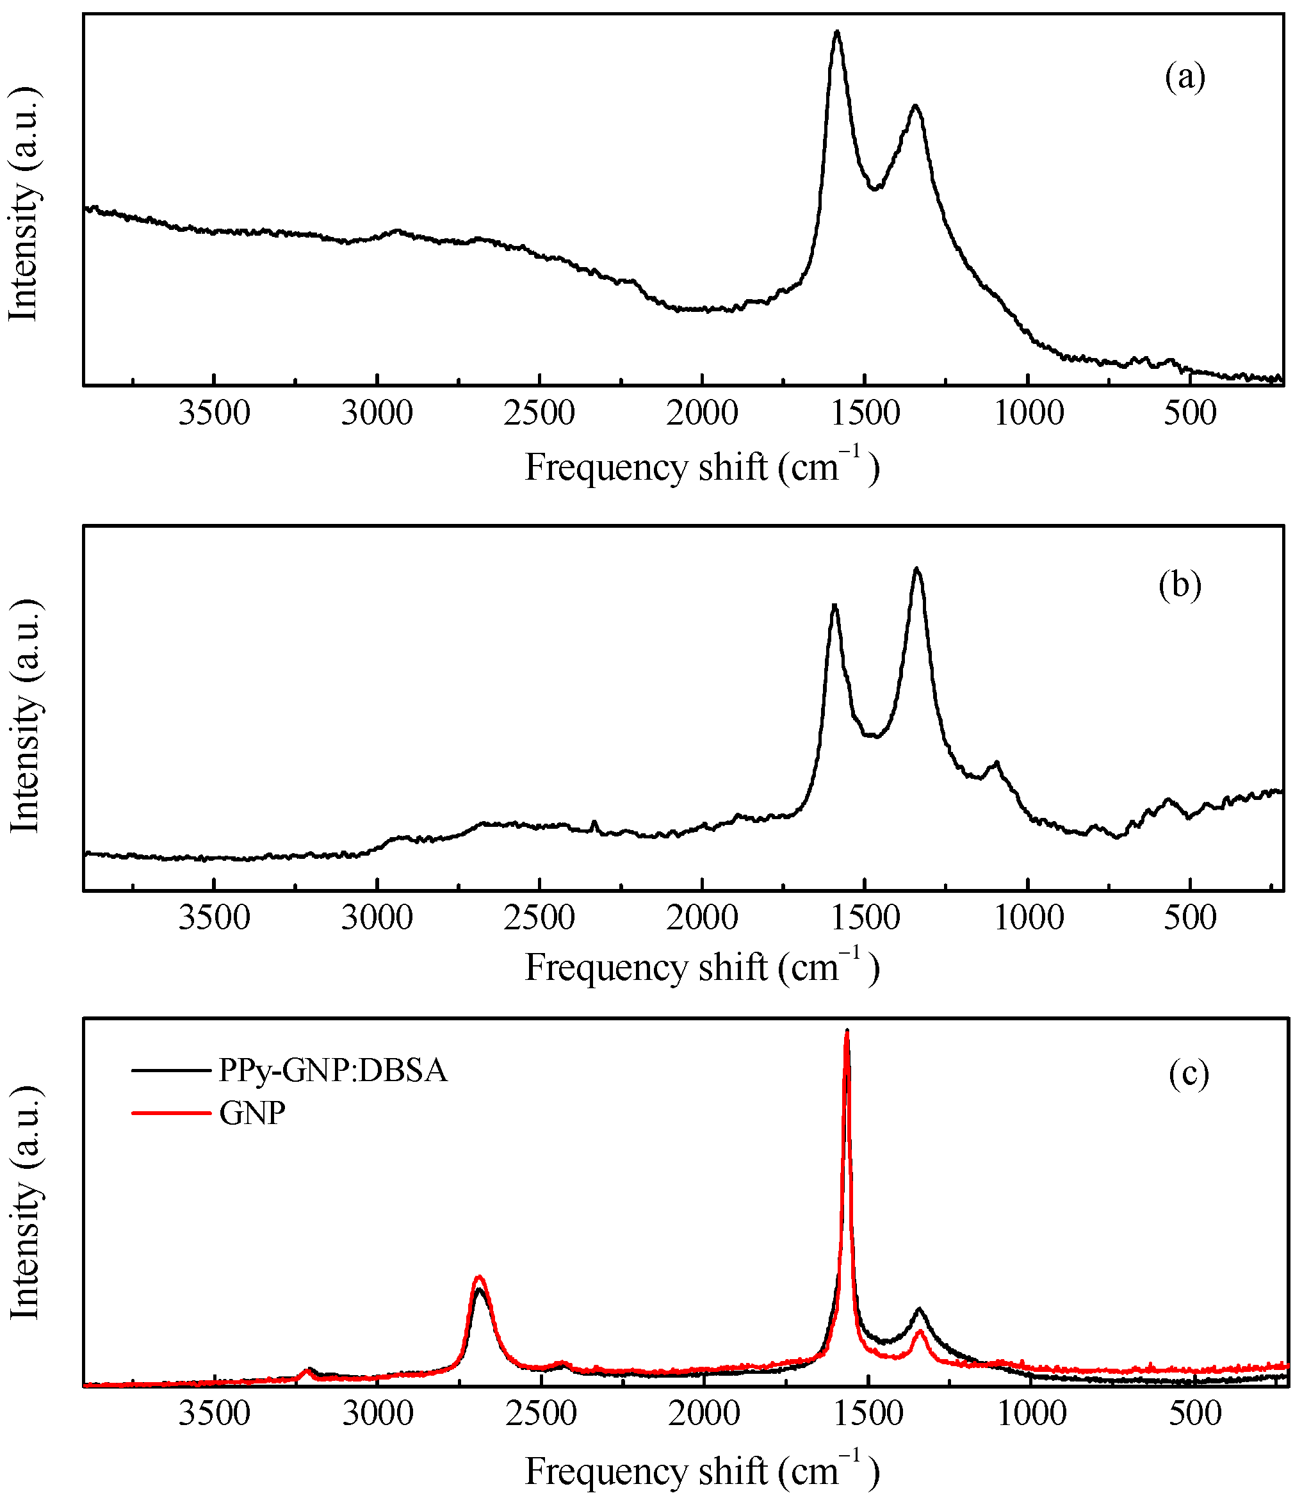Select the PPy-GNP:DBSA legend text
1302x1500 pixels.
(333, 1070)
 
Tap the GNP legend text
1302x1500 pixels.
(252, 1113)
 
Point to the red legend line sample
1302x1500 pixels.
(171, 1113)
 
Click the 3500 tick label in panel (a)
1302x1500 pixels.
(215, 414)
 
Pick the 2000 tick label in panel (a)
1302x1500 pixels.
(702, 414)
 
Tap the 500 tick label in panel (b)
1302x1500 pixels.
(1189, 918)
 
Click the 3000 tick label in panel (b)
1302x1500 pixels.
(377, 918)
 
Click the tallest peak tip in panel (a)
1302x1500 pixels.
(837, 32)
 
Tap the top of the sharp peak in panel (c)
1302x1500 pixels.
(847, 1031)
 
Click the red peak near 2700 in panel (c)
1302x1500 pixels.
(479, 1277)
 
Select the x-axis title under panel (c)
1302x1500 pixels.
(702, 1472)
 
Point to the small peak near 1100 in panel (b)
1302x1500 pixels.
(996, 763)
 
